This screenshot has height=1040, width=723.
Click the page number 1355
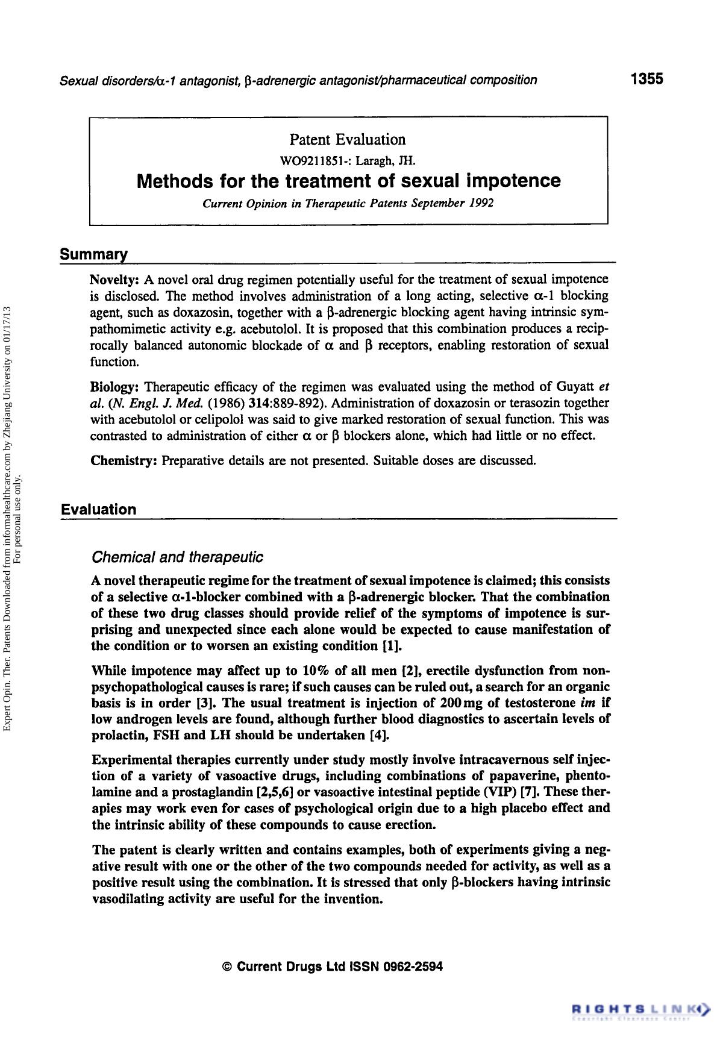[x=646, y=79]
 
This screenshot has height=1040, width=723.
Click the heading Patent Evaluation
[x=348, y=140]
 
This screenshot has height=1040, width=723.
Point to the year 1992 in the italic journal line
[x=481, y=204]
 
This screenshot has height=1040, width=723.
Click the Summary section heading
[x=93, y=254]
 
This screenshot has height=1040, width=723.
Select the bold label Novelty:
[x=115, y=280]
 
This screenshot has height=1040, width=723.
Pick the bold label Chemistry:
[x=124, y=461]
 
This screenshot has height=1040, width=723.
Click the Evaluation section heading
[x=98, y=510]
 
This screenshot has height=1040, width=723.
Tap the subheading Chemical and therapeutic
[x=177, y=557]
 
